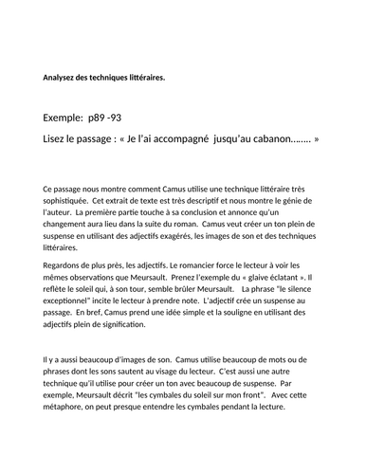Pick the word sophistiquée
point(67,201)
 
